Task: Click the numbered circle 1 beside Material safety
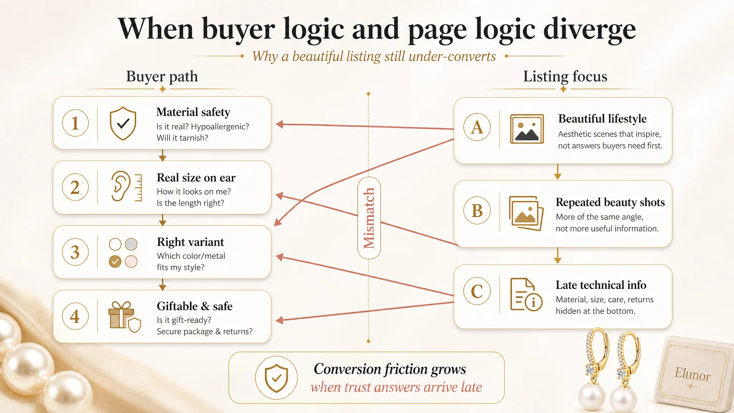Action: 75,123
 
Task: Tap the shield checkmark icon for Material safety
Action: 123,123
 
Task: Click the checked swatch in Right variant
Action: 115,261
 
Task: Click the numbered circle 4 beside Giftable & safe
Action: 75,316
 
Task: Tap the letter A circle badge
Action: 477,127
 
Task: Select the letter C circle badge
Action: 477,291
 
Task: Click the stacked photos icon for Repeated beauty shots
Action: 526,213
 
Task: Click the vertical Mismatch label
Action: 369,218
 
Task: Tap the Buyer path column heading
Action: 162,76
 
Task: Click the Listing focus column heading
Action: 565,76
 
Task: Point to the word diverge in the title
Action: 590,29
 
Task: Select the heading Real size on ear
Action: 196,177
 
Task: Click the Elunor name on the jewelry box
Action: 692,374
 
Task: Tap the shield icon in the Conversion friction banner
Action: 276,378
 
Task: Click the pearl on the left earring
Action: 592,397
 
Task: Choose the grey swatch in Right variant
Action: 131,244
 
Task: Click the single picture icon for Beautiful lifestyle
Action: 527,129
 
